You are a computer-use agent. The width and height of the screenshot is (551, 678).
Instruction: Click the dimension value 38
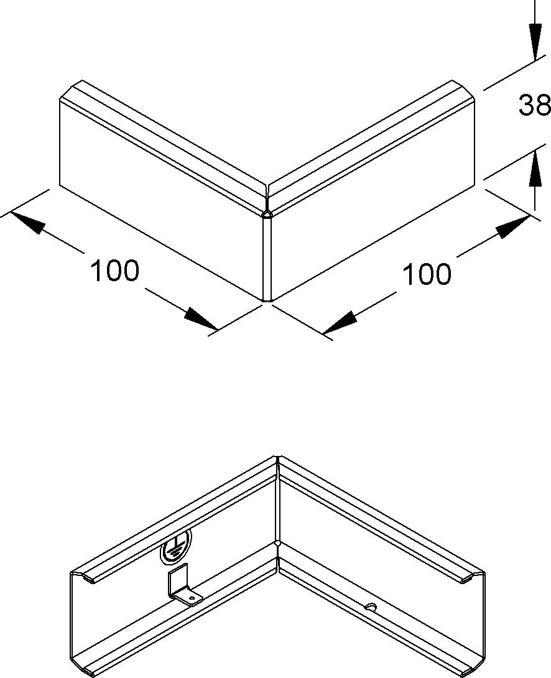click(x=535, y=105)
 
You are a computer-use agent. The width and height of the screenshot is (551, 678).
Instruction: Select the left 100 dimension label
click(x=114, y=271)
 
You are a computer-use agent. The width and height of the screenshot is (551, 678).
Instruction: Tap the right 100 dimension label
click(x=427, y=274)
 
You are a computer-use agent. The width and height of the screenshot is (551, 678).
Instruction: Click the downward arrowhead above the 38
click(x=535, y=41)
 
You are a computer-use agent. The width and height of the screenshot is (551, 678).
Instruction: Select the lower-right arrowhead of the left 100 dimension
click(x=200, y=319)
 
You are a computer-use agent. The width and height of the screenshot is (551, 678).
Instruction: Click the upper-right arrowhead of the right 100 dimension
click(x=513, y=226)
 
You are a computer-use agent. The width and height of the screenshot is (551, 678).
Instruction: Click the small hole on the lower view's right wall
click(x=371, y=608)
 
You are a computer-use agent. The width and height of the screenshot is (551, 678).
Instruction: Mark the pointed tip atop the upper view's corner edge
click(x=267, y=211)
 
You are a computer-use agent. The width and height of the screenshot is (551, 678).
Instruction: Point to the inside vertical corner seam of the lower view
click(x=277, y=502)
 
